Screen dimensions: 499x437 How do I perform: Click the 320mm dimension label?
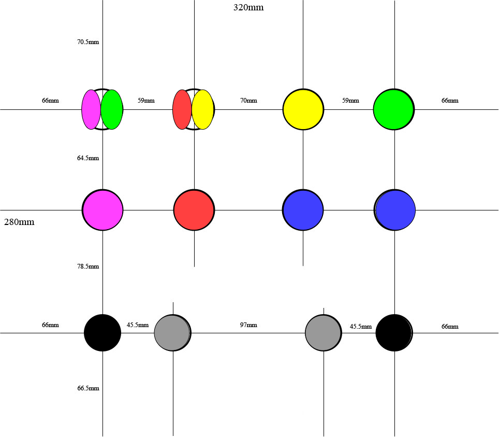click(x=248, y=7)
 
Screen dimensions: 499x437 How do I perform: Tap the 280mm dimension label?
click(x=19, y=222)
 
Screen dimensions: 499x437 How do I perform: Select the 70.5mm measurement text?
click(x=88, y=42)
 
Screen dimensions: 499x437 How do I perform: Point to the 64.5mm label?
click(x=88, y=158)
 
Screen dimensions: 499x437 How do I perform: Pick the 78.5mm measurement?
click(x=88, y=266)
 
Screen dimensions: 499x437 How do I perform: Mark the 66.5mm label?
click(x=88, y=388)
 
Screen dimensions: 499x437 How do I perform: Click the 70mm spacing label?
click(x=248, y=101)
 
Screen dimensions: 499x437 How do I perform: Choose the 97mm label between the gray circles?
click(x=248, y=325)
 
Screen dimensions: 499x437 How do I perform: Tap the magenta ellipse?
click(x=91, y=110)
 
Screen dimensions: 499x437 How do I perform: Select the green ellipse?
click(x=112, y=110)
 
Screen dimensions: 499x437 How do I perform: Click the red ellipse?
click(x=182, y=110)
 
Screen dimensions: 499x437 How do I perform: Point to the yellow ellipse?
click(x=203, y=110)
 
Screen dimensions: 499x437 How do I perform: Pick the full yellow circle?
click(x=303, y=110)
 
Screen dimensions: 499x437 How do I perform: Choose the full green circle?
click(x=394, y=110)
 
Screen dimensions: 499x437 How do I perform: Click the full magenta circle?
click(x=103, y=210)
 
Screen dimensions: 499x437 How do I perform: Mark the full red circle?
click(x=194, y=210)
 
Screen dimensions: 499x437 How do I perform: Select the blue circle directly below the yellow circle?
click(x=303, y=210)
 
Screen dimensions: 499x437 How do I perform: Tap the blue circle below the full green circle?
click(x=395, y=210)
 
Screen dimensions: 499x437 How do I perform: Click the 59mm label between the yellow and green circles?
click(x=350, y=101)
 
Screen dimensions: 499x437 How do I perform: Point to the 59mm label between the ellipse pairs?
click(x=146, y=101)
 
